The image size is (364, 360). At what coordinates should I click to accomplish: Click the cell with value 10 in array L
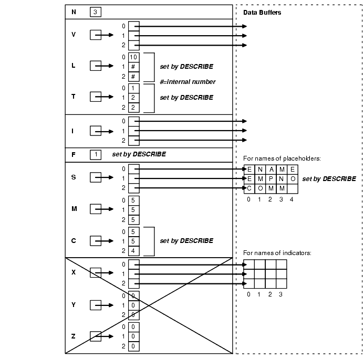133,57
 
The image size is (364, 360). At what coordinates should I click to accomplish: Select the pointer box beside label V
95,35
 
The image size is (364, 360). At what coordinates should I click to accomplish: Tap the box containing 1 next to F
95,155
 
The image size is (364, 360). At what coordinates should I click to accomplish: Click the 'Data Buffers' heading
262,13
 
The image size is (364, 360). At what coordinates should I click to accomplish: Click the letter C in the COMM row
249,188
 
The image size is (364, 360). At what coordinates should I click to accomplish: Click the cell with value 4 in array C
133,250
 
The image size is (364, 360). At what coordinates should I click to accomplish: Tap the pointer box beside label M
95,209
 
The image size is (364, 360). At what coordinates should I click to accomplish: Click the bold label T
74,97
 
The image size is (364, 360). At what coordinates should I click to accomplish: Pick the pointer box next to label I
95,131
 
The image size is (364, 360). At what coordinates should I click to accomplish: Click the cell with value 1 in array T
133,88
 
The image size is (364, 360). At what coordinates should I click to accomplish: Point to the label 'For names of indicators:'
277,253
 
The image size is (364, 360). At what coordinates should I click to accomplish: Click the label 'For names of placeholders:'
282,158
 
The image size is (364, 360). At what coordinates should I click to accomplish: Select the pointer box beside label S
95,178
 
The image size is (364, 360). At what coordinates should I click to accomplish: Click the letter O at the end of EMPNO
292,178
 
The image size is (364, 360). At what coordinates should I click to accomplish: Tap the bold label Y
74,305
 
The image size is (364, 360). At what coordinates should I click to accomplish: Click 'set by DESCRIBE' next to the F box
139,155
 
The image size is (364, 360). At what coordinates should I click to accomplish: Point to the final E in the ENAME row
292,169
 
